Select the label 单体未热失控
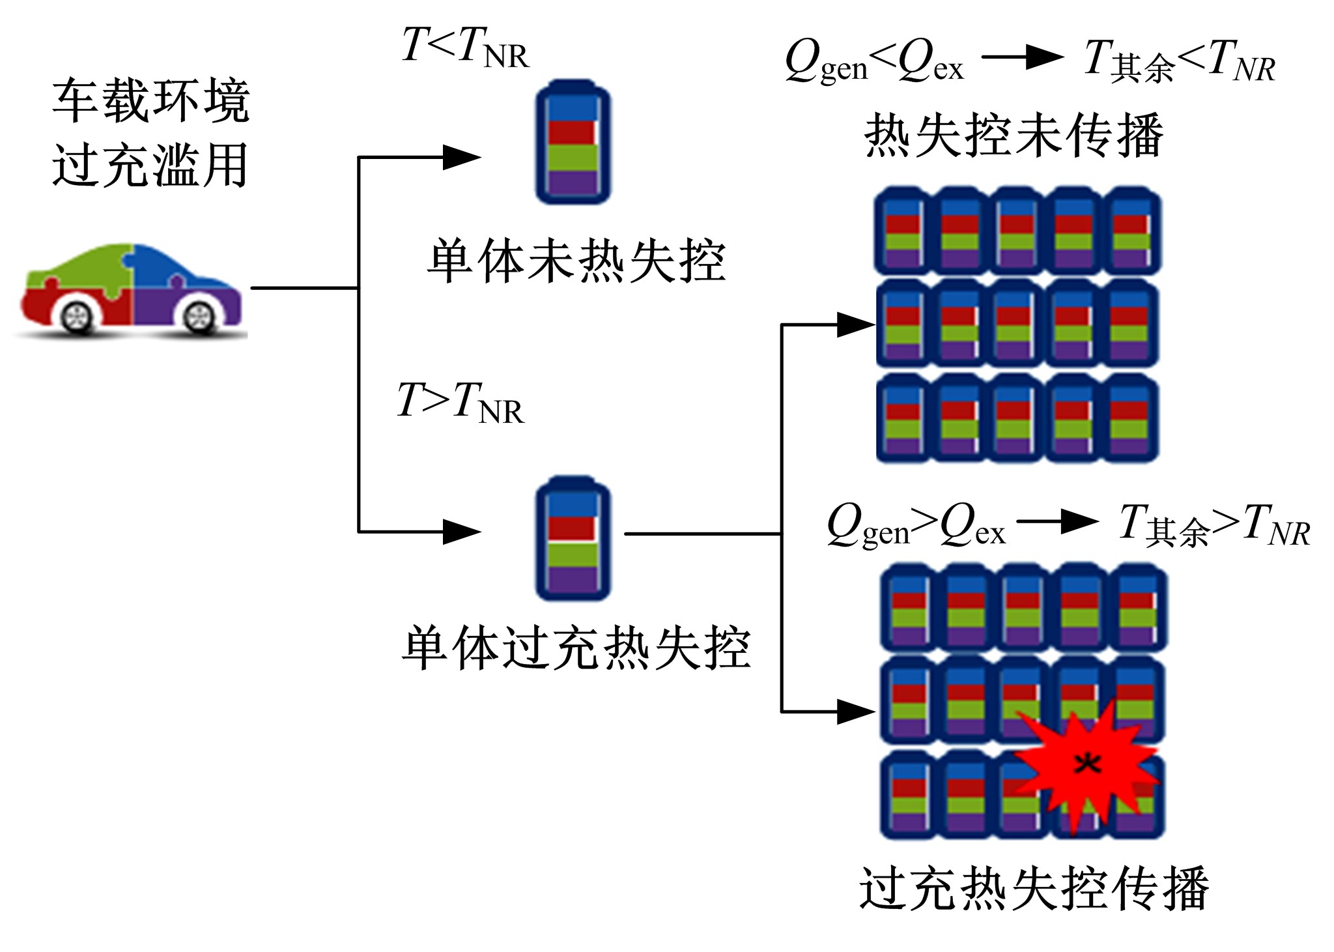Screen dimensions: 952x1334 pos(576,261)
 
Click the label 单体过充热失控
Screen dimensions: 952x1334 pos(576,648)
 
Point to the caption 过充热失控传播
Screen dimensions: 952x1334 pos(1034,887)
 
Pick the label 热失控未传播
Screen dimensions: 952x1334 pos(1014,136)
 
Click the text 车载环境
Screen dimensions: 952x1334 pos(151,101)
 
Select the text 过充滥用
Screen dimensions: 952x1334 pos(151,166)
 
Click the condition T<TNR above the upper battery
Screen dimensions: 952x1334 pos(465,48)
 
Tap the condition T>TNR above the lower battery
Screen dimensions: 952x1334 pos(460,402)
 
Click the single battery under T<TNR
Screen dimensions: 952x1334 pos(573,142)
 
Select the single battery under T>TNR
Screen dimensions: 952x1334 pos(573,538)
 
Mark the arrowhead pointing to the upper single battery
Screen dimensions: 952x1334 pos(461,157)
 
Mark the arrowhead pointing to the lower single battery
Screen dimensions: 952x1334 pos(461,532)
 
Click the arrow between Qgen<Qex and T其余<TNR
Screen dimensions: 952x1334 pos(1022,57)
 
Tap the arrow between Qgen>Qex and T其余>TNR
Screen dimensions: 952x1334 pos(1057,521)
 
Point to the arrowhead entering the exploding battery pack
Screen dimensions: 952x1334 pos(856,712)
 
